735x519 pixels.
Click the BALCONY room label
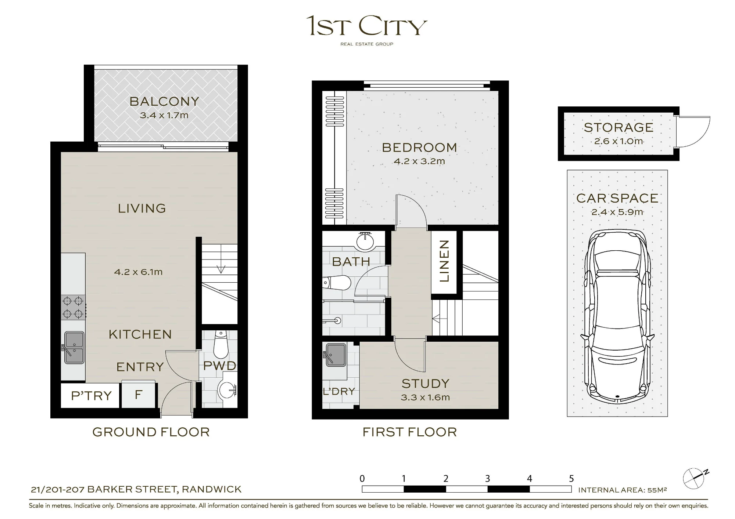pyautogui.click(x=164, y=101)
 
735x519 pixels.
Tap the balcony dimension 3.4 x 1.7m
pyautogui.click(x=164, y=115)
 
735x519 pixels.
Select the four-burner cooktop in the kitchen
pyautogui.click(x=73, y=307)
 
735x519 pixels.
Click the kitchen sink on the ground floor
pyautogui.click(x=74, y=348)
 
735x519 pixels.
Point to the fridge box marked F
pyautogui.click(x=139, y=395)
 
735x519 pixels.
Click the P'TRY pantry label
pyautogui.click(x=91, y=396)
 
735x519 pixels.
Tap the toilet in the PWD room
pyautogui.click(x=220, y=344)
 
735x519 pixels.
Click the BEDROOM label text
pyautogui.click(x=420, y=148)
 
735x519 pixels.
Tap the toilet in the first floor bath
pyautogui.click(x=337, y=283)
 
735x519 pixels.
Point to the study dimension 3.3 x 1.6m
pyautogui.click(x=425, y=397)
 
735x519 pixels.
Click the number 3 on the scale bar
pyautogui.click(x=488, y=479)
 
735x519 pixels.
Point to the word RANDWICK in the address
pyautogui.click(x=212, y=489)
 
